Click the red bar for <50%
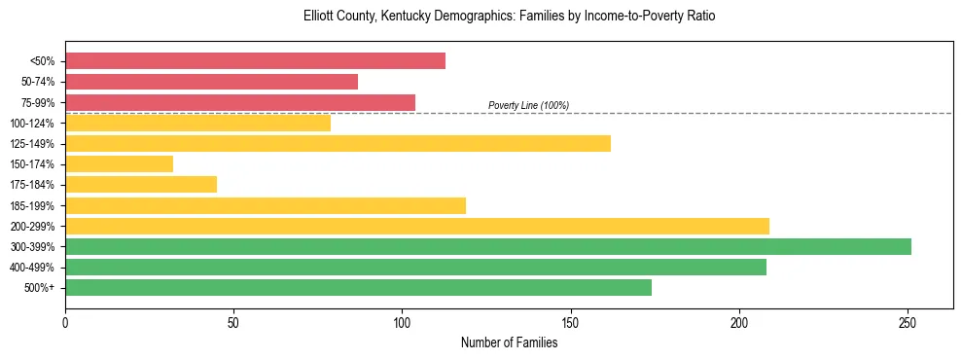[x=255, y=61]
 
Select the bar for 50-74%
[x=211, y=82]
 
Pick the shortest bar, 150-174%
[x=119, y=164]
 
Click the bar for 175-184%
[x=141, y=185]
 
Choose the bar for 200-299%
[x=417, y=226]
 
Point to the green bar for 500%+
[x=358, y=288]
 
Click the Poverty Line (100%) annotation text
[x=528, y=105]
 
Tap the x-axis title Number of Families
[x=509, y=342]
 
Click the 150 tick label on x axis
[x=571, y=321]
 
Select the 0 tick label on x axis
[x=65, y=321]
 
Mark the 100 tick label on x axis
[x=402, y=321]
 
